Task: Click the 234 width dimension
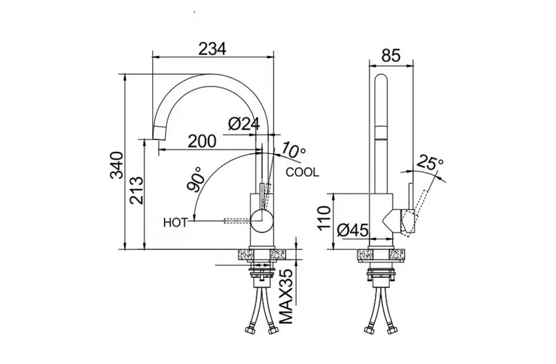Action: (212, 49)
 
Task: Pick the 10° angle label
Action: (294, 150)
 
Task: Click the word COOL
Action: (302, 172)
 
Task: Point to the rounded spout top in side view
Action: (382, 81)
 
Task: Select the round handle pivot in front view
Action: (262, 218)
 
